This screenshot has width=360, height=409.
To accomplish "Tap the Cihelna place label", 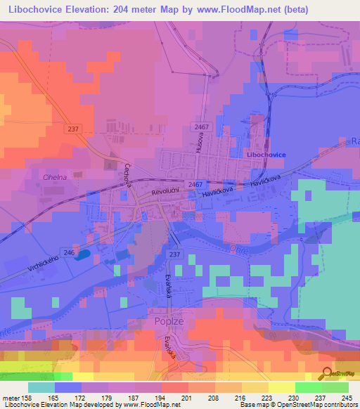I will coord(54,177).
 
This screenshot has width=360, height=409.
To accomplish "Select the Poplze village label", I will coord(167,321).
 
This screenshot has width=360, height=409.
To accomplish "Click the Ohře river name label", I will coord(239,248).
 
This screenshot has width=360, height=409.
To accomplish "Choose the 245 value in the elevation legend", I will coord(342,397).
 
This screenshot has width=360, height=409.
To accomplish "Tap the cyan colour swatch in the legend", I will coord(41,387).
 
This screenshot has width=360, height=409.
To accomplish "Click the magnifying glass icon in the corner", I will coord(326,372).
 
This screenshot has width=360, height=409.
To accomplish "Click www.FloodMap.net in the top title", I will coord(224,9).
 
